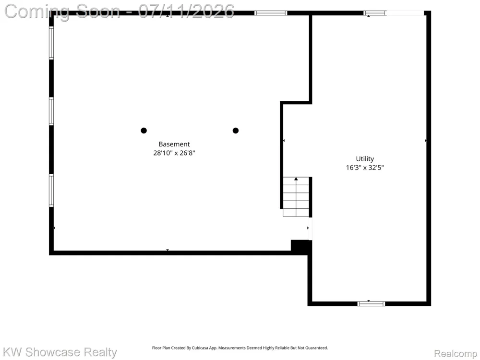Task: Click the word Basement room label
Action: (174, 144)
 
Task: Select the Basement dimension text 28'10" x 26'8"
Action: (174, 153)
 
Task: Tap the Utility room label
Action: (365, 159)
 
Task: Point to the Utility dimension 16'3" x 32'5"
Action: (365, 168)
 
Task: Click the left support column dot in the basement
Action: (144, 131)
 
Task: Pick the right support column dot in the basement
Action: (235, 131)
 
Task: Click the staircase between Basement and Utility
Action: (296, 197)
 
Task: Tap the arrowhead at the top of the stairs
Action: (296, 179)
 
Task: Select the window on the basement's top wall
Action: (271, 13)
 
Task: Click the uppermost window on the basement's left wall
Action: (51, 43)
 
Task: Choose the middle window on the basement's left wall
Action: (51, 111)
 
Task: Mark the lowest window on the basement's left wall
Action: (51, 191)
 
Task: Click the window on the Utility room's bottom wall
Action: (371, 304)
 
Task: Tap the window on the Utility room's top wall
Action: (375, 13)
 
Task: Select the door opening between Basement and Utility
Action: (310, 228)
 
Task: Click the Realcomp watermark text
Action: (456, 354)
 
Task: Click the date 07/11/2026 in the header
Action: (186, 12)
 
